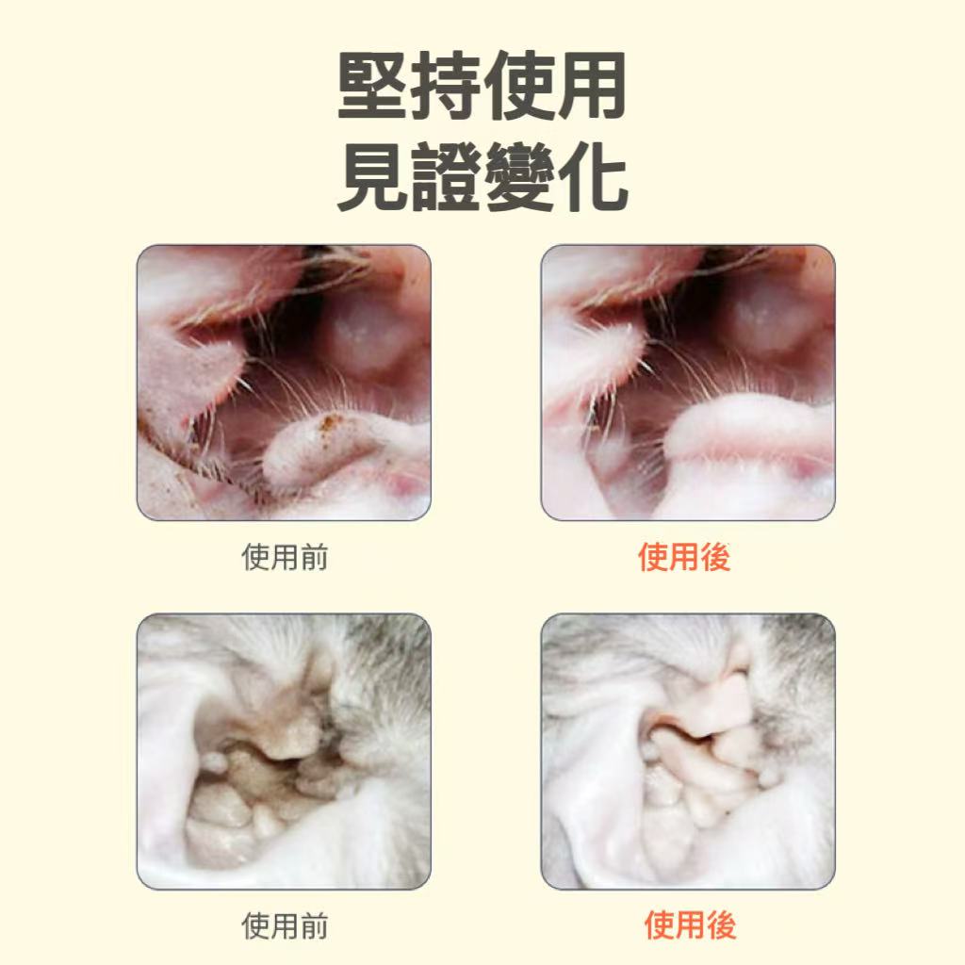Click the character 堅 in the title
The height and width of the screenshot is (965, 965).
click(x=373, y=85)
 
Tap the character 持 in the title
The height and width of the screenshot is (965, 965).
click(x=446, y=85)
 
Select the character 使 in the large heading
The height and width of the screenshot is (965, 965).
click(x=518, y=85)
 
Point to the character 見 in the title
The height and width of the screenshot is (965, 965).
click(x=373, y=177)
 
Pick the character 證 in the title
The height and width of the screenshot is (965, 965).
click(x=446, y=177)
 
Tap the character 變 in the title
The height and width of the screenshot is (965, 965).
click(x=518, y=177)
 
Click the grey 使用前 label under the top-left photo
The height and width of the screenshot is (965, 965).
click(x=285, y=557)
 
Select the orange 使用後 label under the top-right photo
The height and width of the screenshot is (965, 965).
click(x=684, y=557)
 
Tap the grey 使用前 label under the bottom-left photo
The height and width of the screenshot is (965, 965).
click(x=285, y=925)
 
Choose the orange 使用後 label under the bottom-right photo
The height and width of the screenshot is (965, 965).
click(x=690, y=925)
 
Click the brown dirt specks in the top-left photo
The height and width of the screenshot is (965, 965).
click(x=330, y=425)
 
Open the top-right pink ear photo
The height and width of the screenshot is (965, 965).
click(x=688, y=383)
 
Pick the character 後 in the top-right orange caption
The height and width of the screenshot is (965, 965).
click(x=715, y=557)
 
